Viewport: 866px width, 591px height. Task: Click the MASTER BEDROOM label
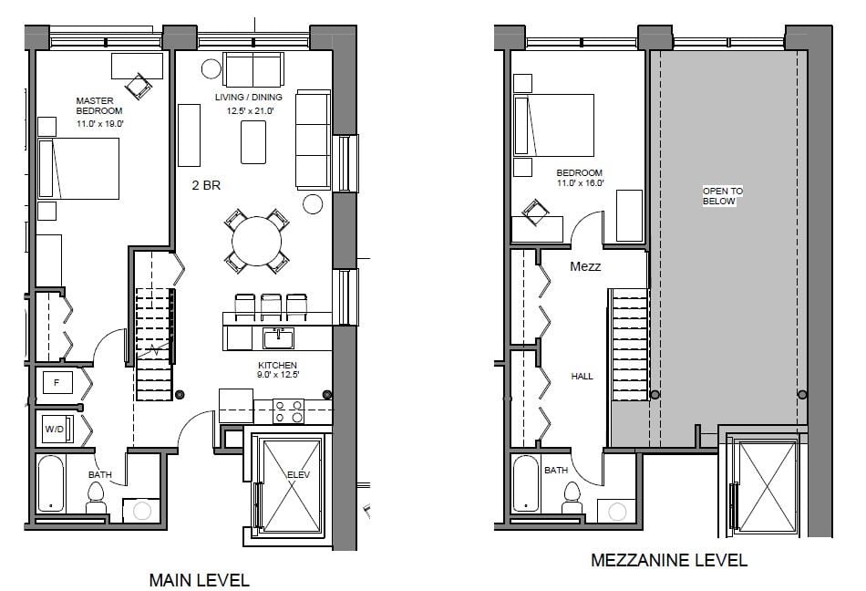pyautogui.click(x=99, y=106)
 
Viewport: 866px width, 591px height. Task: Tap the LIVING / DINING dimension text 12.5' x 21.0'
pyautogui.click(x=250, y=111)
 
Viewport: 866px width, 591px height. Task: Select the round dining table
pyautogui.click(x=257, y=242)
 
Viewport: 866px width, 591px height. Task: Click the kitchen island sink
pyautogui.click(x=278, y=338)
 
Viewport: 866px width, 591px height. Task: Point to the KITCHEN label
pyautogui.click(x=277, y=365)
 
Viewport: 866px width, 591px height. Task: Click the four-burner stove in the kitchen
pyautogui.click(x=288, y=411)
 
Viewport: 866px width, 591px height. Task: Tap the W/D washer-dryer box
pyautogui.click(x=57, y=430)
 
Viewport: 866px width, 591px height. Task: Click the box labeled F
pyautogui.click(x=57, y=382)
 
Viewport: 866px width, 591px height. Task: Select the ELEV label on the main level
pyautogui.click(x=298, y=474)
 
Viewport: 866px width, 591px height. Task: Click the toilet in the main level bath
pyautogui.click(x=96, y=498)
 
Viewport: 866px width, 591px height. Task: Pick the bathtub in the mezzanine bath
pyautogui.click(x=525, y=484)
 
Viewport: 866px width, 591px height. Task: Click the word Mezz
pyautogui.click(x=585, y=266)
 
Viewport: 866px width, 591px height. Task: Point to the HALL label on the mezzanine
pyautogui.click(x=582, y=376)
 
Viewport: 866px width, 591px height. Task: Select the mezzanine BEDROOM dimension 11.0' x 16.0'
pyautogui.click(x=580, y=182)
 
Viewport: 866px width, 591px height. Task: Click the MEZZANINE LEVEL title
pyautogui.click(x=669, y=560)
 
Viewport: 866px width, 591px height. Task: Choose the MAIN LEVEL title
pyautogui.click(x=200, y=580)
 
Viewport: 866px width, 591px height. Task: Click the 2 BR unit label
pyautogui.click(x=206, y=185)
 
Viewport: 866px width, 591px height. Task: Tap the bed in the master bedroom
pyautogui.click(x=78, y=169)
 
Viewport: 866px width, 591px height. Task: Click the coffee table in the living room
pyautogui.click(x=253, y=142)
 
